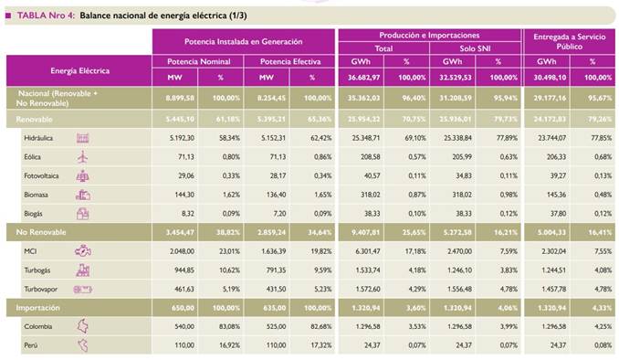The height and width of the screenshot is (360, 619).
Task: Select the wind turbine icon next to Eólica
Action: pos(83,156)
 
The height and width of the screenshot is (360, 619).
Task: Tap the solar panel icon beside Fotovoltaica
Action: pos(83,175)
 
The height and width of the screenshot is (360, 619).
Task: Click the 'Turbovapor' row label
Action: pos(43,288)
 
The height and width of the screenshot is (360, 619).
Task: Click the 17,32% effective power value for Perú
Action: pos(317,345)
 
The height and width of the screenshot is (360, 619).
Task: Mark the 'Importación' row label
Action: pos(37,308)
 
